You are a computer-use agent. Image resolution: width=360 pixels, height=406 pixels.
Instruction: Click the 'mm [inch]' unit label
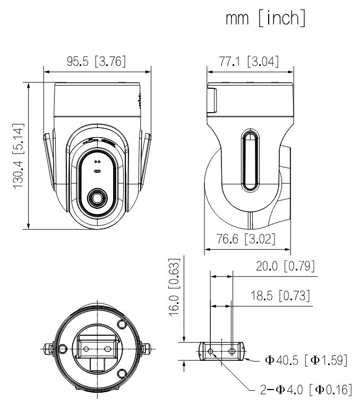(x=265, y=19)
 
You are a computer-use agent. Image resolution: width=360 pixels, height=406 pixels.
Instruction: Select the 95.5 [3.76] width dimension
(x=96, y=61)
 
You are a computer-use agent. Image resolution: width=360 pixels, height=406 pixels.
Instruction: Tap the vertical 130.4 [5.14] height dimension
(x=18, y=155)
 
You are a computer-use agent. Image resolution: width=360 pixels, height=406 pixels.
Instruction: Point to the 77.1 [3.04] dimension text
(x=249, y=61)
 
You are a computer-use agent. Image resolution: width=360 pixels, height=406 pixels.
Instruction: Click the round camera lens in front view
(x=97, y=197)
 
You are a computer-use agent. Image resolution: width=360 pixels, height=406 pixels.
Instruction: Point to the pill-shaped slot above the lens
(x=97, y=171)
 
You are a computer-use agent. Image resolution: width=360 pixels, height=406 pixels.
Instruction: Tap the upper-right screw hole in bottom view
(x=122, y=324)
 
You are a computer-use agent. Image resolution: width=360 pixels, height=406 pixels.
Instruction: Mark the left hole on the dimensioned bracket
(x=211, y=351)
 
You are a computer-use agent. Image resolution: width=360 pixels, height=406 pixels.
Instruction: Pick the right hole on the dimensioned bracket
(x=232, y=351)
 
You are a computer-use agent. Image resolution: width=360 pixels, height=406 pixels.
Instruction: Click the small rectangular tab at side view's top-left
(x=212, y=101)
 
